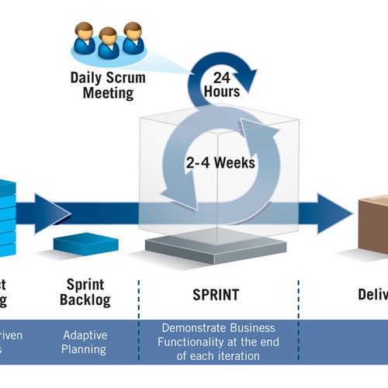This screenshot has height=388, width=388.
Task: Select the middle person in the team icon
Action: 108,44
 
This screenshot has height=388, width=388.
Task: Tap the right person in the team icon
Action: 133,38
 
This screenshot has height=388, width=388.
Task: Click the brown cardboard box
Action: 375,225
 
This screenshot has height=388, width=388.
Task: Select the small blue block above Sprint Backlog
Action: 85,244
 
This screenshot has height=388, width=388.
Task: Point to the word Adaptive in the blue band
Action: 85,335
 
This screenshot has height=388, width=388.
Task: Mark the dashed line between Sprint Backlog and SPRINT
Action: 140,310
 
